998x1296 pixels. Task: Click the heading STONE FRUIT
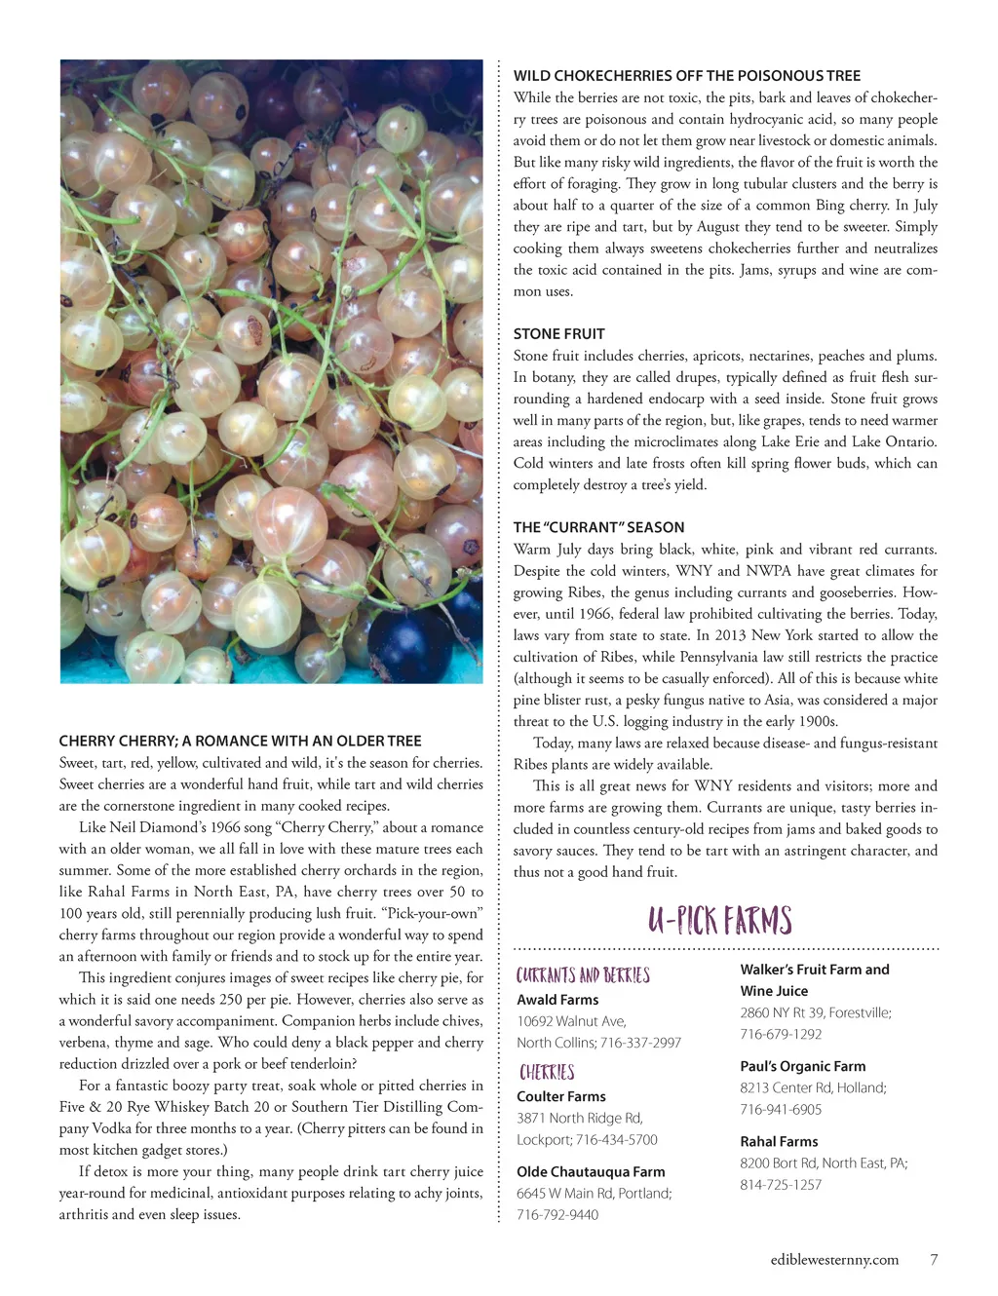(x=558, y=333)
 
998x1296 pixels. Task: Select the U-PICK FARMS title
(x=720, y=920)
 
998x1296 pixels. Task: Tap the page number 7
(x=934, y=1259)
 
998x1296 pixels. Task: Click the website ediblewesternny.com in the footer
(x=834, y=1259)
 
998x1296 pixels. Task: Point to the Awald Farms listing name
(x=557, y=1000)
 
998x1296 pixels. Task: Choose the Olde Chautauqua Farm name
(x=591, y=1172)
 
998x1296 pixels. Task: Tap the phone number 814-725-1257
(x=781, y=1185)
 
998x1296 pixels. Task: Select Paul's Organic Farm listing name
(x=802, y=1066)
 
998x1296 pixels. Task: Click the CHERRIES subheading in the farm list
(x=547, y=1072)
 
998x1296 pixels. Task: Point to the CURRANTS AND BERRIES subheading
(x=583, y=975)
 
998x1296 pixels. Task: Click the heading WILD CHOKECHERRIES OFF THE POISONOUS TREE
(x=687, y=75)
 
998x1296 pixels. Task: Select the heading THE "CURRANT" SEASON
(x=598, y=527)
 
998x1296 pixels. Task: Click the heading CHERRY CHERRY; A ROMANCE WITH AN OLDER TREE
(x=240, y=741)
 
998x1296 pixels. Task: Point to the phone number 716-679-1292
(x=781, y=1035)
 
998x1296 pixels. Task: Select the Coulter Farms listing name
(x=560, y=1096)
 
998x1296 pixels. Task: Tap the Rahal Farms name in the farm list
(x=779, y=1141)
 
